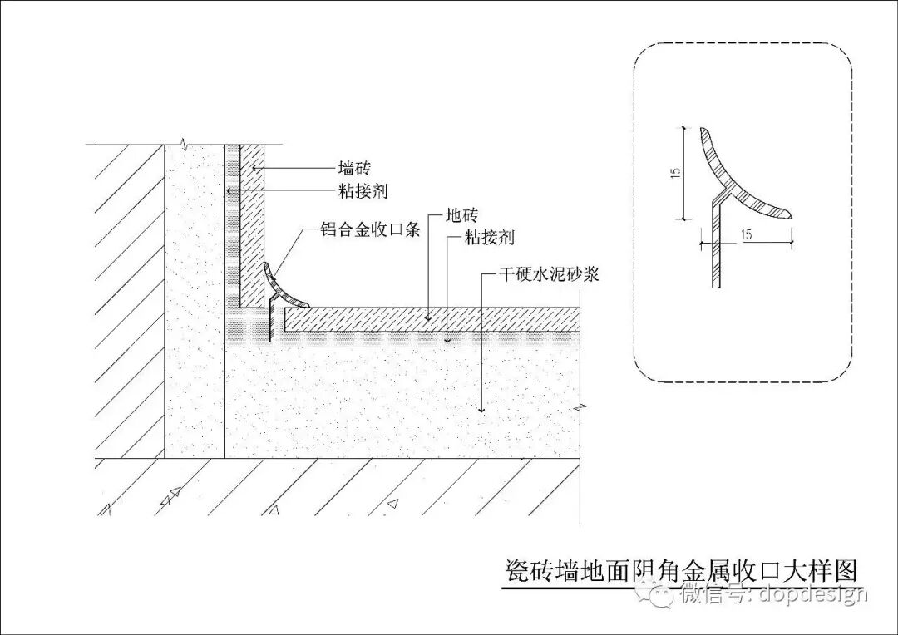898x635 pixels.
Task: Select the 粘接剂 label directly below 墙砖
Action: (x=363, y=191)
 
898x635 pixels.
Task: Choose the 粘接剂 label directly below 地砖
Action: (x=490, y=238)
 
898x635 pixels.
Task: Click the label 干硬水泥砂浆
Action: (x=555, y=273)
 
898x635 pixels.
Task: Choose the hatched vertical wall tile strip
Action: (x=252, y=224)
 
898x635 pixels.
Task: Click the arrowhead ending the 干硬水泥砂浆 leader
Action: (x=481, y=408)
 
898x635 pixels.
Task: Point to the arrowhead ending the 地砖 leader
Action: (x=427, y=317)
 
